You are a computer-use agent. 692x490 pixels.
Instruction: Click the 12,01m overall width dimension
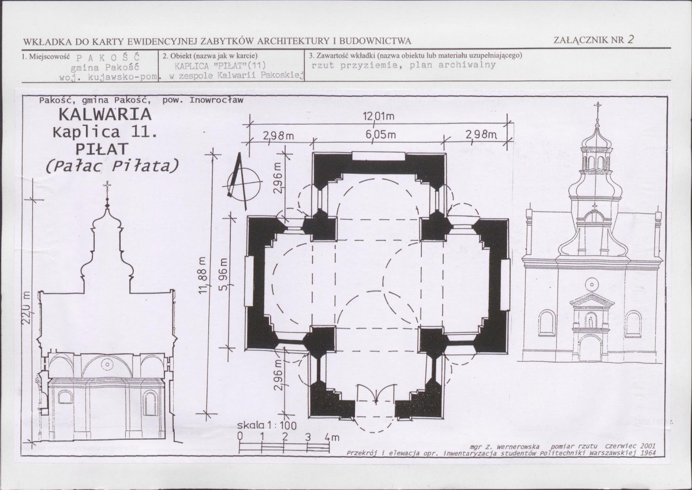pos(378,117)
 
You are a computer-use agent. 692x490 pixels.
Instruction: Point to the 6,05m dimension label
pos(380,134)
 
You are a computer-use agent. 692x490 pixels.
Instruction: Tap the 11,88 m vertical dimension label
pos(203,275)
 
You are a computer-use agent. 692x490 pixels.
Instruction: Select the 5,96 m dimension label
pos(223,273)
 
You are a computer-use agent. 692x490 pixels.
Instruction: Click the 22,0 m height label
pos(26,307)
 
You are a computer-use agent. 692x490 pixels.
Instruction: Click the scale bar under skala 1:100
pos(284,446)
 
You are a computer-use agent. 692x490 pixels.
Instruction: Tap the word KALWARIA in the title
pos(104,114)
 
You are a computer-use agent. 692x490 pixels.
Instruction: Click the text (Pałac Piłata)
pos(113,166)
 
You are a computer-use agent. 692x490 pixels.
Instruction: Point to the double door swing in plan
pos(376,394)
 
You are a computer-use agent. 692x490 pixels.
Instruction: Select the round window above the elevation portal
pos(592,283)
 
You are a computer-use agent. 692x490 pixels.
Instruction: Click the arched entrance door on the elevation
pos(591,348)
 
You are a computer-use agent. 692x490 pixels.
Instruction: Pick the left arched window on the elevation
pos(546,323)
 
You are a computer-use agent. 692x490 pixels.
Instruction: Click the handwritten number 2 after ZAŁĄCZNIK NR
pos(631,39)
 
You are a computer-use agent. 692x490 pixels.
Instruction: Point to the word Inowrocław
pos(216,100)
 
